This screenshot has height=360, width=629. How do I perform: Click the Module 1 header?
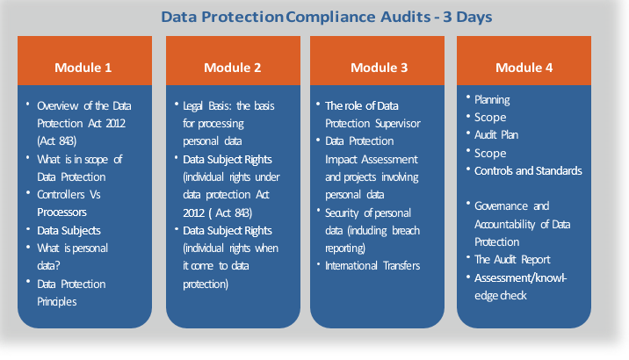[x=83, y=68]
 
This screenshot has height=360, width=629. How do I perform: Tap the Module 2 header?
[x=232, y=68]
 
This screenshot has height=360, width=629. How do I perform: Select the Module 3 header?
[x=380, y=68]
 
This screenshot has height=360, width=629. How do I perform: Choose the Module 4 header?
[x=524, y=68]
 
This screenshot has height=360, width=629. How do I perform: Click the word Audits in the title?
[x=406, y=17]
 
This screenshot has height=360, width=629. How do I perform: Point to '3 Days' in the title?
[x=467, y=17]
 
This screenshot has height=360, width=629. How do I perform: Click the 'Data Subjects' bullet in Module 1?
[x=69, y=231]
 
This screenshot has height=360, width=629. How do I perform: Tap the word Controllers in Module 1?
[x=61, y=194]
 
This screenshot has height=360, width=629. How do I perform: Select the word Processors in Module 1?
[x=61, y=212]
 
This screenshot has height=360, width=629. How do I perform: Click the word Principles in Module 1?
[x=56, y=302]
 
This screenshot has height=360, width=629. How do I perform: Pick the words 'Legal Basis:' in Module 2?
[x=203, y=106]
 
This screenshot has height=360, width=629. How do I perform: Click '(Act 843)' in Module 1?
[x=56, y=141]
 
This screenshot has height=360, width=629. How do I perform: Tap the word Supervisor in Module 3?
[x=397, y=124]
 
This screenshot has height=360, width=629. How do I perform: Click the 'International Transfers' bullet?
[x=372, y=266]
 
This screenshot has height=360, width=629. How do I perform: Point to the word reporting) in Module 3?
[x=345, y=248]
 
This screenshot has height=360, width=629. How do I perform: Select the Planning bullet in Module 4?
[x=492, y=100]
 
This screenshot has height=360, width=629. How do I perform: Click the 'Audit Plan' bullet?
[x=496, y=134]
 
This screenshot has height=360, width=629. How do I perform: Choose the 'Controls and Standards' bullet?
[x=528, y=170]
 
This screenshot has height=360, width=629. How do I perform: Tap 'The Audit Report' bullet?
[x=512, y=260]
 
